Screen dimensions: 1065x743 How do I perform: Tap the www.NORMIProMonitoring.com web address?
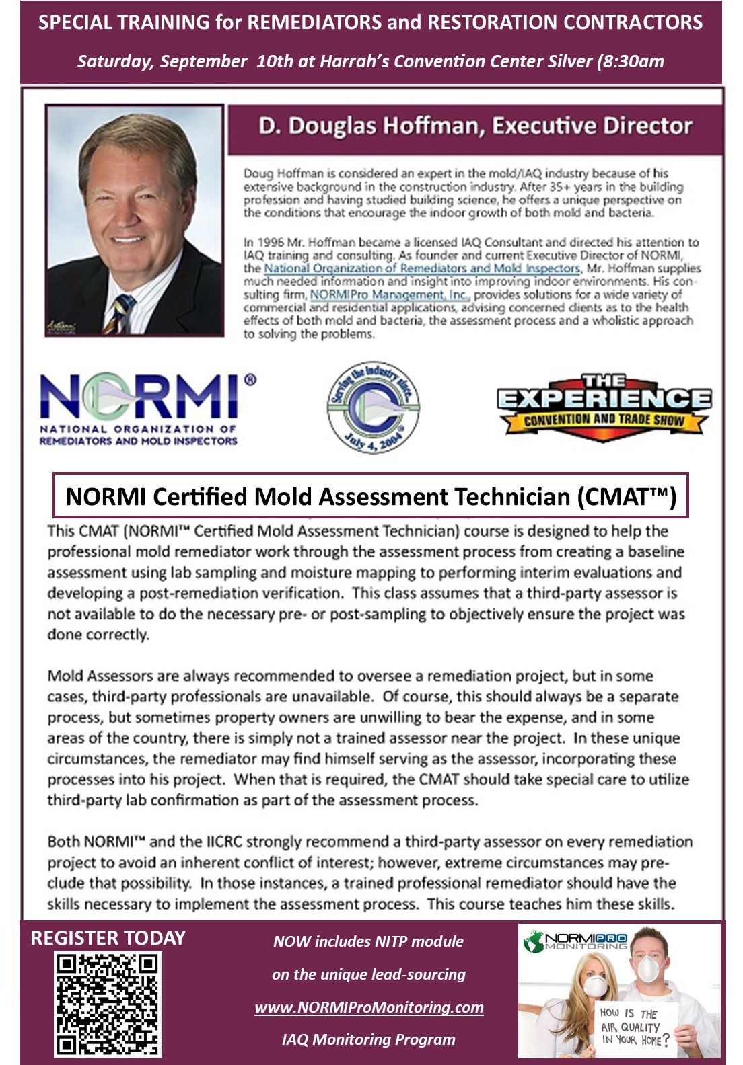pos(369,1007)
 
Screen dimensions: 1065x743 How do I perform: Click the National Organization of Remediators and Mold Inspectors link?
pos(422,268)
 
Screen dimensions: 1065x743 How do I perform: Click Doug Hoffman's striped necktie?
pos(120,313)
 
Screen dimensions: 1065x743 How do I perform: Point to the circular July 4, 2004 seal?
pos(374,407)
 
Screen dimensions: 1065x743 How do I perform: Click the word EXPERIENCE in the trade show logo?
pos(604,399)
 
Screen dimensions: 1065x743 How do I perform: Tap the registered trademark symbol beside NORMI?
pos(250,380)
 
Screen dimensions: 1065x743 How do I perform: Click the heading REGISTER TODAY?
pos(108,939)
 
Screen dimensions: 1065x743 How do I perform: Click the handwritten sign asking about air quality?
pos(635,1027)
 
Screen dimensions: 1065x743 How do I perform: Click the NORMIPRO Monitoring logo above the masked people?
pos(577,941)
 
